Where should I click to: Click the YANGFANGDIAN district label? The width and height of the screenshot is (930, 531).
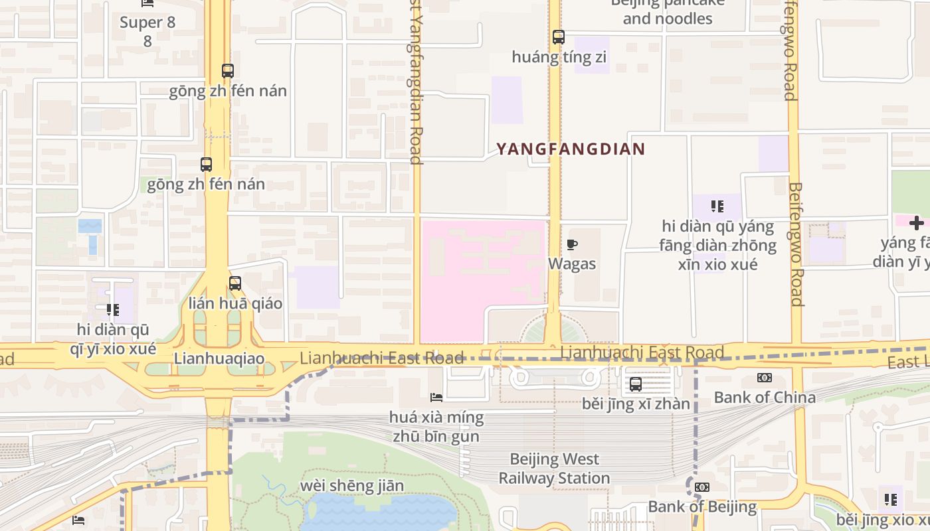(x=571, y=149)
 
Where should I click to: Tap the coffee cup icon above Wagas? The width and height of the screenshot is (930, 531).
(x=571, y=246)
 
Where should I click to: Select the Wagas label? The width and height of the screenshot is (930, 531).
(x=571, y=264)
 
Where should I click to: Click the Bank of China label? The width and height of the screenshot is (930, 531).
(x=765, y=398)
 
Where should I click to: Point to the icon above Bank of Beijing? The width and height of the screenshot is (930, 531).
(x=702, y=487)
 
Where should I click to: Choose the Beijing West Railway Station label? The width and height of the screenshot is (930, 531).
(x=554, y=469)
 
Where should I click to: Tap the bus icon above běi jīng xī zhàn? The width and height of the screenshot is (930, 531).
(x=636, y=384)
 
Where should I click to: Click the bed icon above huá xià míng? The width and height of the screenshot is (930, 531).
(x=436, y=397)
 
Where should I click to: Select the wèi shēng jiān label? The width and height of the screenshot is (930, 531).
(x=351, y=486)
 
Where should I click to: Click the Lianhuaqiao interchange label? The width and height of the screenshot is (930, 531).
(x=219, y=359)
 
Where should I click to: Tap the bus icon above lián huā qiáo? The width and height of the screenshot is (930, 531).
(x=235, y=283)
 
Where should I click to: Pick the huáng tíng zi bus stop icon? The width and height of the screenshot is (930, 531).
(x=559, y=37)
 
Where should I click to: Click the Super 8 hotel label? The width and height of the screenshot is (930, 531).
(x=147, y=23)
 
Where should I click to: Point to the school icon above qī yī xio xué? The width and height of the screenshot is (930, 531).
(x=113, y=309)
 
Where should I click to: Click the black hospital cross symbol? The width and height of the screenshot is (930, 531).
(x=917, y=223)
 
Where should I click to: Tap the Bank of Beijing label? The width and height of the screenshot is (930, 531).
(x=702, y=507)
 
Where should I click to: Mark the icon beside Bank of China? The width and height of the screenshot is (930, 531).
(x=765, y=378)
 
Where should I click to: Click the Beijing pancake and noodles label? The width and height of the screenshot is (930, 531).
(x=667, y=12)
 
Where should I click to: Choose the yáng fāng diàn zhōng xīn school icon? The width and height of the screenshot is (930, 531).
(x=717, y=206)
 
